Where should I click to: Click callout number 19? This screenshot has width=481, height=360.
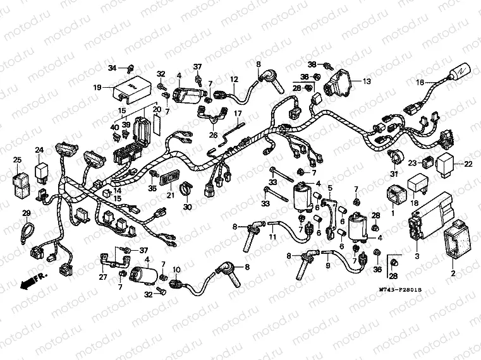tap(97, 87)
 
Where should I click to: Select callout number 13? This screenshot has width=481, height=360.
tap(367, 81)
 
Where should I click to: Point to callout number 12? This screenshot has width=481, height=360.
tap(233, 80)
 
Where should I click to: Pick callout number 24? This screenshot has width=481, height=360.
tap(39, 150)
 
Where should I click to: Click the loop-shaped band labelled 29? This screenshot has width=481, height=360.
tap(28, 232)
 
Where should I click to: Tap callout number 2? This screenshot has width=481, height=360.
tap(451, 273)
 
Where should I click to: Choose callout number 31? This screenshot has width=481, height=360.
tap(394, 174)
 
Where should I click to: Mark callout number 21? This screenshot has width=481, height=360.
tap(170, 196)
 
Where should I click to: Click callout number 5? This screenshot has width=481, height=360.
tap(329, 188)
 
